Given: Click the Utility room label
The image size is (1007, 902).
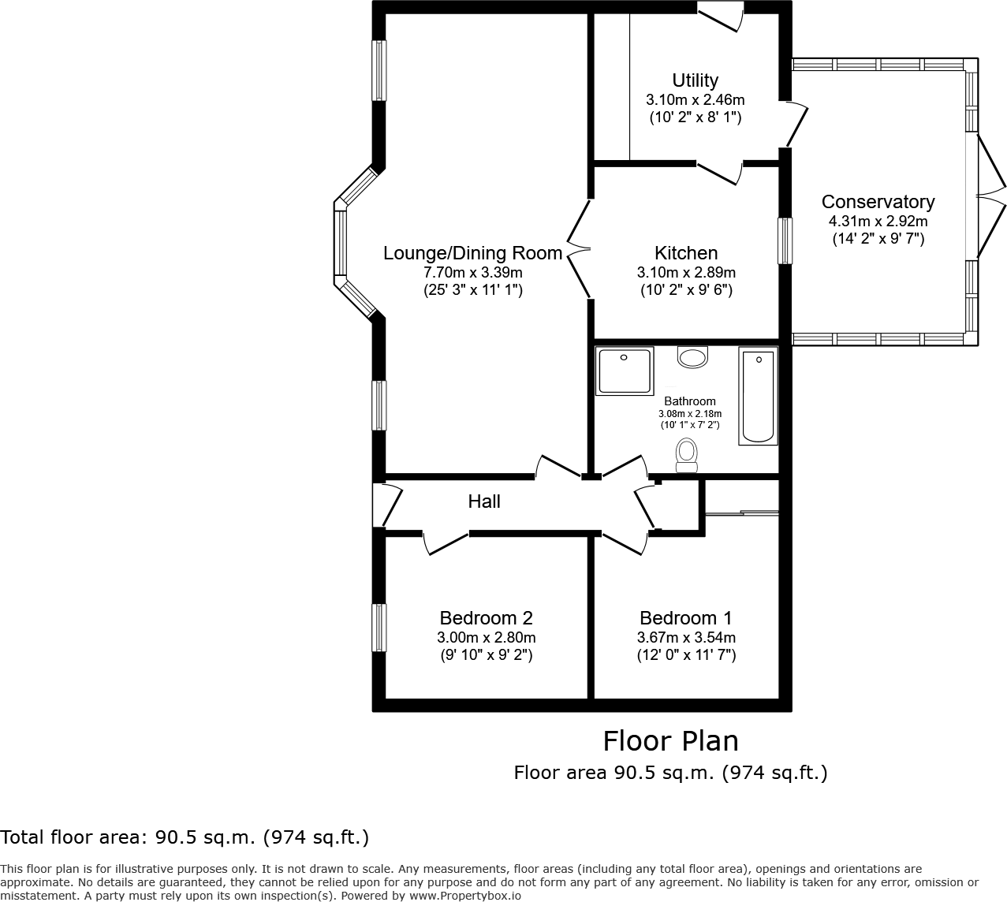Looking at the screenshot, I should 695,80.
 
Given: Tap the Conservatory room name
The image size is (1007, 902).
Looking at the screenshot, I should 878,202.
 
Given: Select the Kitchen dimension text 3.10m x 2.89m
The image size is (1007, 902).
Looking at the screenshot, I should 686,273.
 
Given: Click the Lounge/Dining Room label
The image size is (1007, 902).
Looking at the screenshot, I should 472,253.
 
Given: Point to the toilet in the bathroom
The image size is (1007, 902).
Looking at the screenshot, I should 687,455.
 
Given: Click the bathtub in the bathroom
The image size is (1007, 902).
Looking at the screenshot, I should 759,397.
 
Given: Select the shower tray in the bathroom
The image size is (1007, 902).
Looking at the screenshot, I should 625,371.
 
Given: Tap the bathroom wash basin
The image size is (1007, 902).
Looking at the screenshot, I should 693,358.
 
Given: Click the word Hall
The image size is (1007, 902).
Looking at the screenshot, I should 484,501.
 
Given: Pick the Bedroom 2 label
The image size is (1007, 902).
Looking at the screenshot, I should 486,618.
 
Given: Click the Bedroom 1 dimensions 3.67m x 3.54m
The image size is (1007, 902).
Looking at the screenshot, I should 686,638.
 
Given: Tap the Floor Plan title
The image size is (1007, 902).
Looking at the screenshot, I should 670,741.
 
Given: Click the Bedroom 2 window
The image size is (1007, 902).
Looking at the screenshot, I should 380,628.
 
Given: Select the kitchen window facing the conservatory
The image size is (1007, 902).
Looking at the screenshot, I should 785,241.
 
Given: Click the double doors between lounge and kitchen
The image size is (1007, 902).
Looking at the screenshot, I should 580,248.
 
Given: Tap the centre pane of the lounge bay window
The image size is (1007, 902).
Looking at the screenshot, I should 340,241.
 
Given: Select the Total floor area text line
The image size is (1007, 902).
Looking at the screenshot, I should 185,837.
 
